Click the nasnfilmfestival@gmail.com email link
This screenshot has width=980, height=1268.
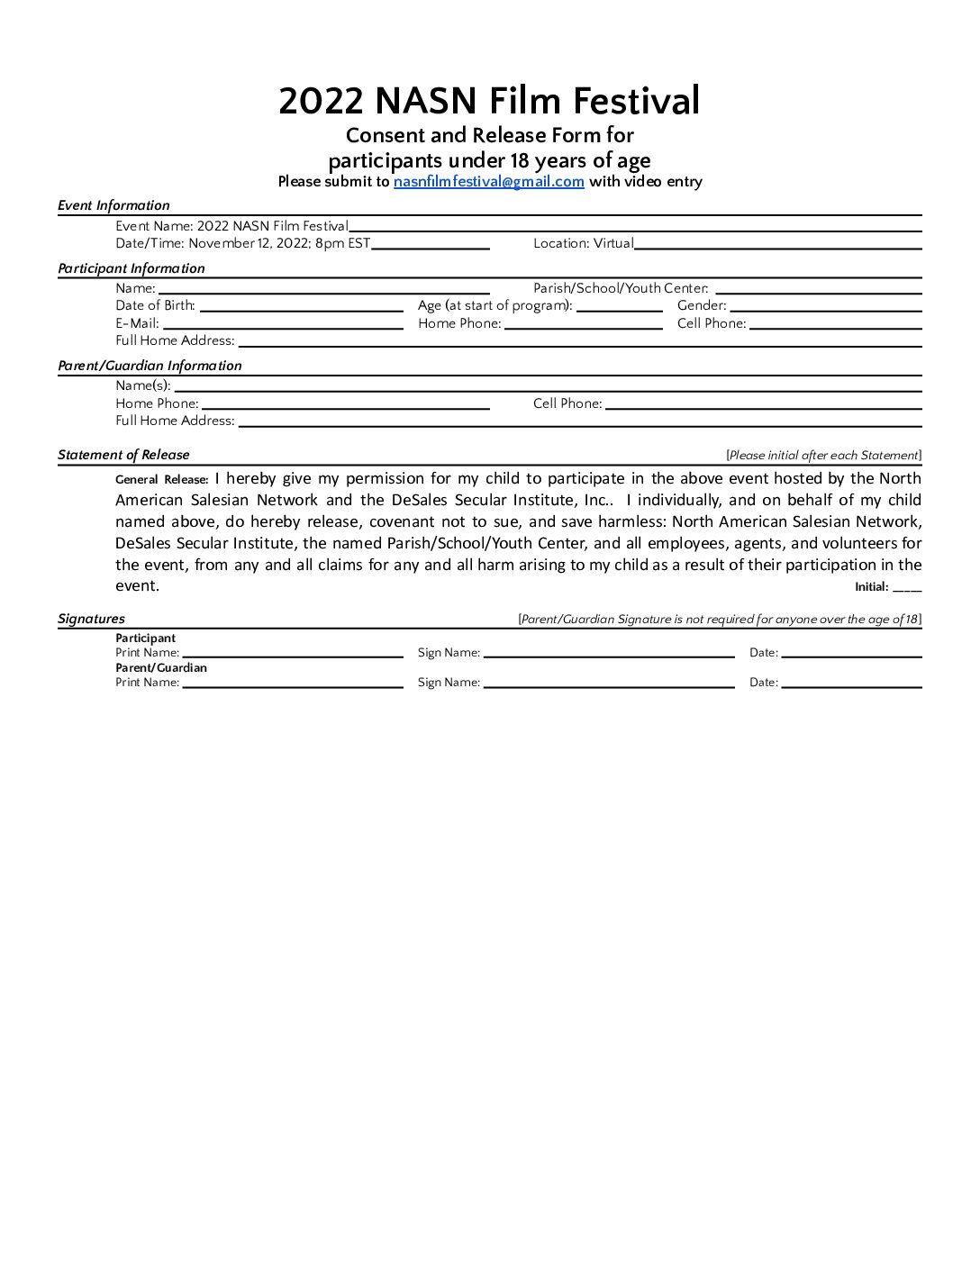[x=488, y=181]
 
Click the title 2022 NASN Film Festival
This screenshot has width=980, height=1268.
[x=489, y=100]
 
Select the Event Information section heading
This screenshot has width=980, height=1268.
[x=113, y=205]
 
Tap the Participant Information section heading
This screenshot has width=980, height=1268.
[x=132, y=268]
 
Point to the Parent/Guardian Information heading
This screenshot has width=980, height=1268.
[x=150, y=366]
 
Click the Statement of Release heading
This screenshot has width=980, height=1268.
[x=123, y=455]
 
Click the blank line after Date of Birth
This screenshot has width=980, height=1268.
[x=301, y=306]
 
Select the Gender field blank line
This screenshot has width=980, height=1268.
[x=825, y=306]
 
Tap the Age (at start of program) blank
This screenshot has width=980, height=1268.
[x=619, y=306]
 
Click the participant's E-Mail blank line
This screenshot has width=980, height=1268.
[x=283, y=324]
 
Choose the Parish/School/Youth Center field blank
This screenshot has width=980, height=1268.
[x=817, y=289]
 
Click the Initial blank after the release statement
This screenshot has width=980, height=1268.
[x=907, y=587]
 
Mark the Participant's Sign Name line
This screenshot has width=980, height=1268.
[x=609, y=654]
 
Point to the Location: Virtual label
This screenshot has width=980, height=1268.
[x=584, y=243]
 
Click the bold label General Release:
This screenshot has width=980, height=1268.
[x=162, y=480]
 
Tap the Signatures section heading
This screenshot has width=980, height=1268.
[x=91, y=619]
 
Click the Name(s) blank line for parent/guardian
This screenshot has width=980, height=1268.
[x=547, y=386]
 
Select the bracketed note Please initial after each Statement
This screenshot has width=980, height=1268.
[x=823, y=456]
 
